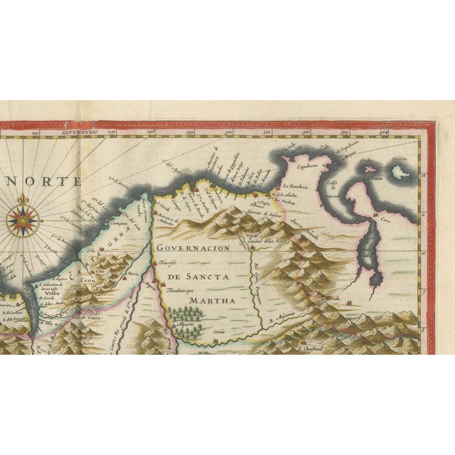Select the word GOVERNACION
pyautogui.click(x=194, y=248)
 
